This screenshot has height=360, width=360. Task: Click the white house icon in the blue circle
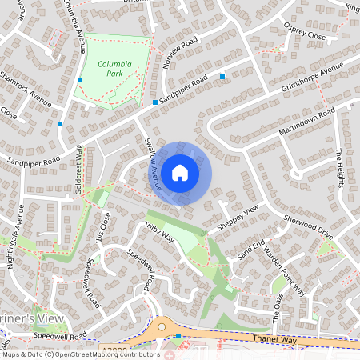point(180,173)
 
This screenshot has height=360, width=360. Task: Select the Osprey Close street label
point(306,32)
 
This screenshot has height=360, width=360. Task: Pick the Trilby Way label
point(159,233)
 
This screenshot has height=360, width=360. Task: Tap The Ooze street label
point(278,305)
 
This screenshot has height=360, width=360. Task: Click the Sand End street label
point(251,249)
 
